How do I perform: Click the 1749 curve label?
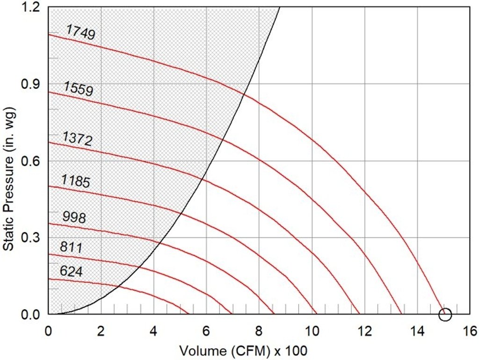tap(81, 32)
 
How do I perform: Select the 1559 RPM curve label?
tap(78, 88)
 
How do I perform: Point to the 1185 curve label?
tap(75, 180)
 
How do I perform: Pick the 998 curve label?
tap(74, 217)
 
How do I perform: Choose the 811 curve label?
tap(71, 247)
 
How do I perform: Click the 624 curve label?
tap(71, 271)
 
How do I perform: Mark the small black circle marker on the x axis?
tap(445, 315)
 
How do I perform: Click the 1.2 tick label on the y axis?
tap(31, 7)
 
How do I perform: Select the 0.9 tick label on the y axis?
tap(31, 84)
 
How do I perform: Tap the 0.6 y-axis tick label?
tap(31, 161)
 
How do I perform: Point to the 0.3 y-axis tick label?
tap(31, 238)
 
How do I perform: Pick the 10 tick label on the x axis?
tap(312, 331)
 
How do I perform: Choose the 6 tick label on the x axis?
tap(206, 331)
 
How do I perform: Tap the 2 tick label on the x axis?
tap(101, 331)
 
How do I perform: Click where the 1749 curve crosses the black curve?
tap(244, 95)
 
